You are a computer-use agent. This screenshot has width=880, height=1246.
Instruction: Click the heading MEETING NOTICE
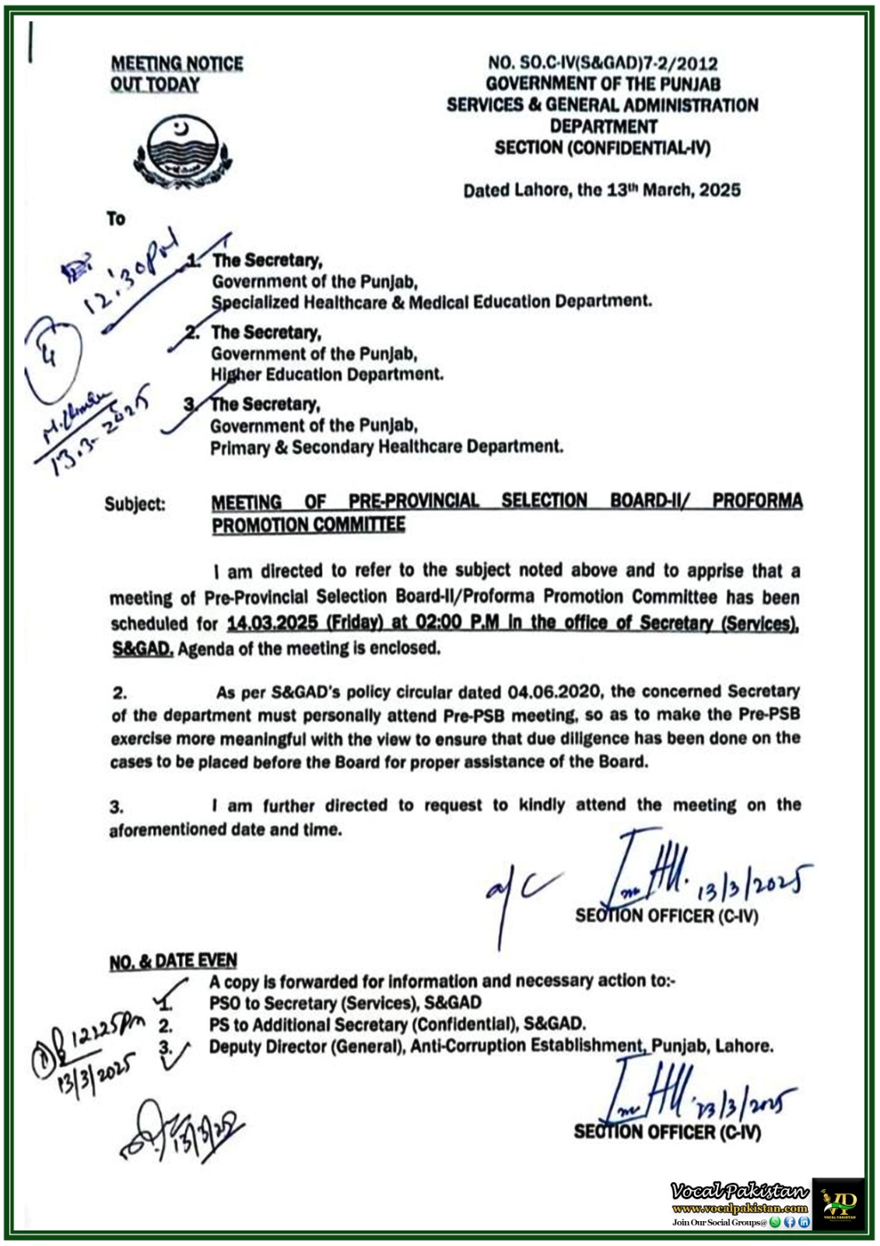[177, 63]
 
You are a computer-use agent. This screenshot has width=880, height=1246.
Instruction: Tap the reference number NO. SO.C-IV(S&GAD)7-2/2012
[602, 63]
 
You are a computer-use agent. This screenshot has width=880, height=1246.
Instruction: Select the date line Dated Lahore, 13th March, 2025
[601, 190]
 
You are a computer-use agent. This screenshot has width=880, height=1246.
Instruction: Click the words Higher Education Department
[327, 375]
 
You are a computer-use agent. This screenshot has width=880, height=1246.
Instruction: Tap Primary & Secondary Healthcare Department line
[386, 447]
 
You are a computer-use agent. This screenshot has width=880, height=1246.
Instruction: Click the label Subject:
[135, 504]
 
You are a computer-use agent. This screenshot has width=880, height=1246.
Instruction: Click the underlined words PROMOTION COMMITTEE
[308, 525]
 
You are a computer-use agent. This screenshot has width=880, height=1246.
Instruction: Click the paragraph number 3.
[116, 808]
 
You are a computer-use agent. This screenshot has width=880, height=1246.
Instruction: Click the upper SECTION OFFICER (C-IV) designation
[666, 916]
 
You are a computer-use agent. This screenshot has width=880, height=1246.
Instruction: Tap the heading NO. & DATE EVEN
[173, 962]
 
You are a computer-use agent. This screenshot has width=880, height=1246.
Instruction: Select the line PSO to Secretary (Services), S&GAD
[345, 1003]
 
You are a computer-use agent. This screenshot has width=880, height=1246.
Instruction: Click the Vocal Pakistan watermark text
[739, 1191]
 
